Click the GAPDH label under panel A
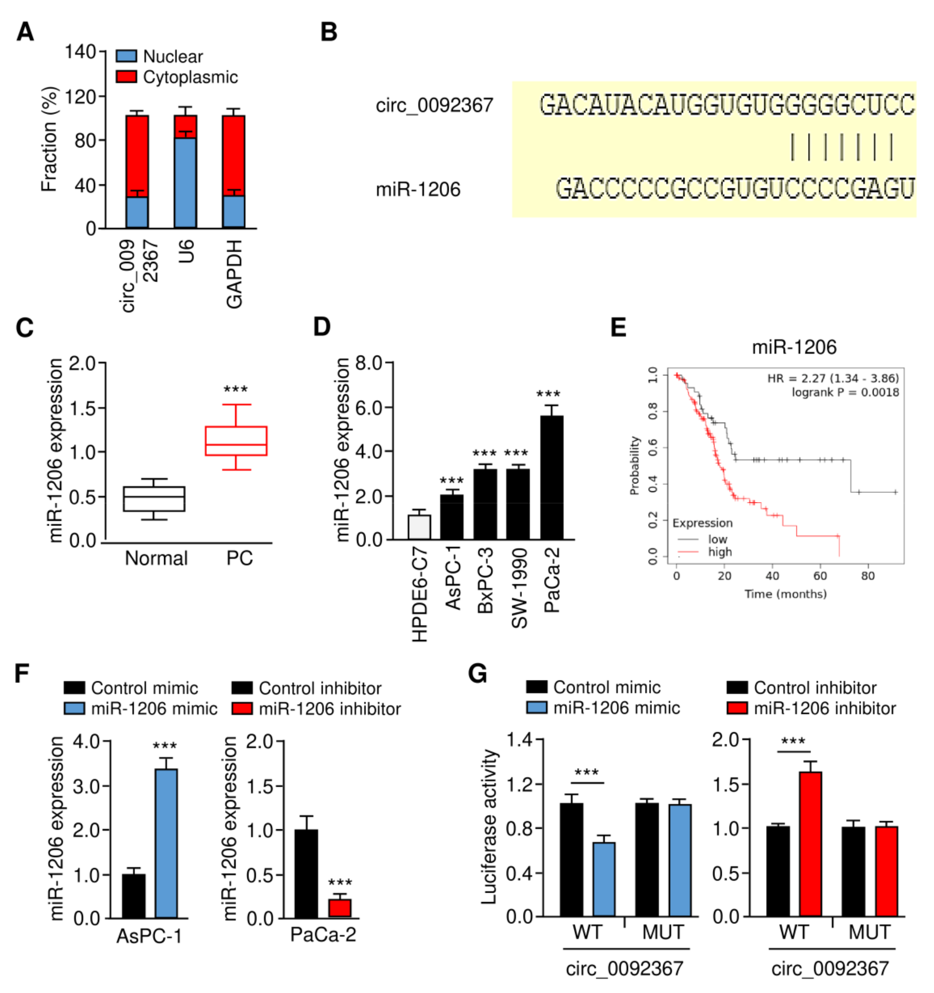pos(234,274)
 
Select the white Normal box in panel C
pos(154,499)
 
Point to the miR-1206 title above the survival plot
pos(794,348)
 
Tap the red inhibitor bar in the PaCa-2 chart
pos(340,908)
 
